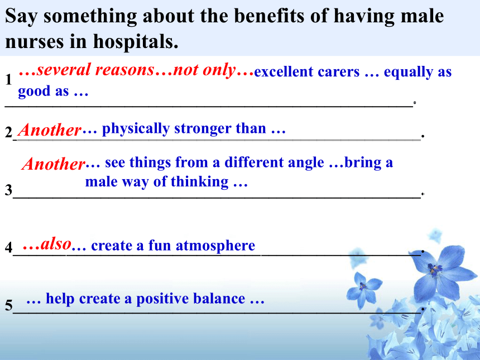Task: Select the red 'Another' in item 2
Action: tap(50, 130)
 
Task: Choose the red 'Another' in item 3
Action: tap(54, 164)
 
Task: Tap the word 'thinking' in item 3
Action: tap(200, 182)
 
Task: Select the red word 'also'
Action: tap(56, 244)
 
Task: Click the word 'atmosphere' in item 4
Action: tap(215, 246)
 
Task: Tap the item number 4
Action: tap(8, 247)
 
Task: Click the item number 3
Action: tap(8, 190)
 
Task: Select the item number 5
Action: tap(8, 305)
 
